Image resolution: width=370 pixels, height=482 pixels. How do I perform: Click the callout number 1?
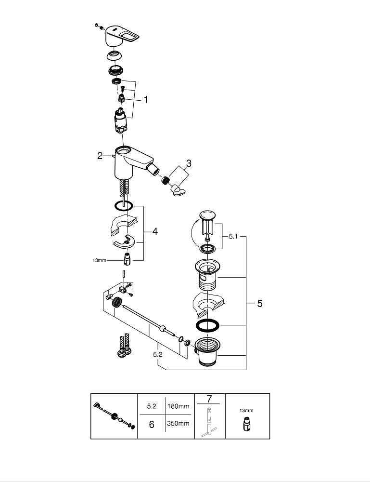pos(145,100)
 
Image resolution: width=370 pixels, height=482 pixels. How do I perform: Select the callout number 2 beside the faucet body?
pos(100,155)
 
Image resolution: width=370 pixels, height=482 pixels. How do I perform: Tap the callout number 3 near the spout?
pos(189,163)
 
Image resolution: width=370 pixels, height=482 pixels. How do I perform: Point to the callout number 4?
pos(155,232)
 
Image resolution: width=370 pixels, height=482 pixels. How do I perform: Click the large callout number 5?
pos(259,304)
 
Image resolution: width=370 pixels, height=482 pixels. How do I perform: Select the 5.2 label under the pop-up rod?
pos(157,354)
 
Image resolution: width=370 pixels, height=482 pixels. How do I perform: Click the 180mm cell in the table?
pos(178,406)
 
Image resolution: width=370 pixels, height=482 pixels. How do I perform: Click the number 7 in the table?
pos(209,398)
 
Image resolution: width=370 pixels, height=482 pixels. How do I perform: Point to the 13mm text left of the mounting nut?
pos(99,260)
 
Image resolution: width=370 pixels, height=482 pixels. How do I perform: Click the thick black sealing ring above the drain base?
pos(207,326)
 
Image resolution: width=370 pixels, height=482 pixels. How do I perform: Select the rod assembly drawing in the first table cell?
pos(114,415)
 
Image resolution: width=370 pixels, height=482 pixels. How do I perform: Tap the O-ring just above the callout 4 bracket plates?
pos(124,206)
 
